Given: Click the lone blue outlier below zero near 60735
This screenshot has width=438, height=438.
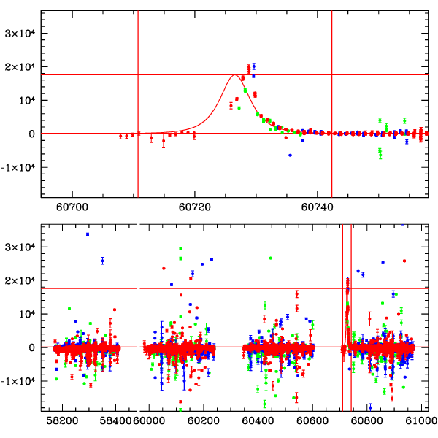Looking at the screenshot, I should [x=290, y=155].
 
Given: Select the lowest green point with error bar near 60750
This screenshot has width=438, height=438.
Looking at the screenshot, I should [x=380, y=153].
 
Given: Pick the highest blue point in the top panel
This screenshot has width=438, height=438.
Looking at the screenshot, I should [x=253, y=66].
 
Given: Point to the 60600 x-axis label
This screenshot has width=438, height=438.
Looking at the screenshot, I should [x=312, y=421].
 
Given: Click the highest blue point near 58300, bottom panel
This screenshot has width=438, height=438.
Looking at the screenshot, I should [x=88, y=234].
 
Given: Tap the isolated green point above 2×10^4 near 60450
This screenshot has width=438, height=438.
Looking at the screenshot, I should [x=271, y=258].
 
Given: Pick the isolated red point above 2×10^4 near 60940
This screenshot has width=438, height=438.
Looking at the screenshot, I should [x=404, y=261].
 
